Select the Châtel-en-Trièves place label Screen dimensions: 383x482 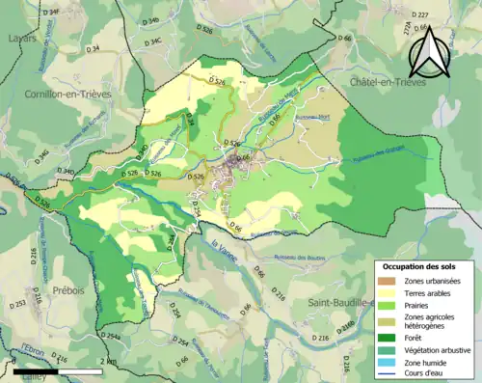394,83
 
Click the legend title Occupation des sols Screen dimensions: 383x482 421,265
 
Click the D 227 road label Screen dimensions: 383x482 418,15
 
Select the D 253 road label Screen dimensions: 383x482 18,304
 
